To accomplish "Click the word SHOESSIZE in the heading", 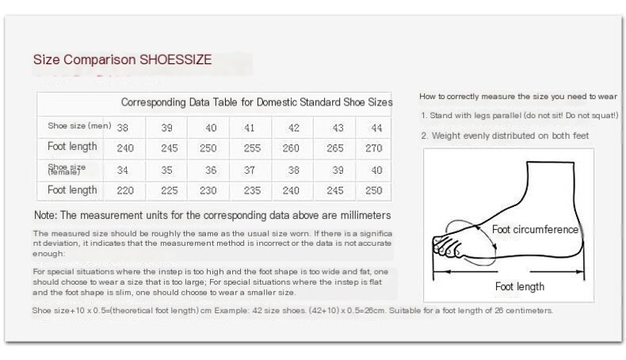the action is [175, 59].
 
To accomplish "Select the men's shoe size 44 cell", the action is [376, 128].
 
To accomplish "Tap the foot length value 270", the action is [374, 148].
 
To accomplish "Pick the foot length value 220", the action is [125, 190].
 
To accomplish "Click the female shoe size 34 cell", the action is [123, 170].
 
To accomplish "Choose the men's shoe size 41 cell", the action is [250, 128].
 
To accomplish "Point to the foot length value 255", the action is [252, 148].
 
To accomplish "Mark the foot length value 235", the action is [252, 190].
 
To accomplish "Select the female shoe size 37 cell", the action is [250, 170].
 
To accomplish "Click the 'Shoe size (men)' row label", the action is [79, 126].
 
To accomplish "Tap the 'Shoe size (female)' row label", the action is [67, 170].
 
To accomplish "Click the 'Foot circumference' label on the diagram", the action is [535, 229].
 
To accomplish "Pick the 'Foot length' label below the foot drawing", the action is [519, 286].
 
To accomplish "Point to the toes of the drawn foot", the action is [446, 247].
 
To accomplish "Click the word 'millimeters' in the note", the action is [365, 216].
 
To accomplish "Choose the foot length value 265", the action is [335, 148].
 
